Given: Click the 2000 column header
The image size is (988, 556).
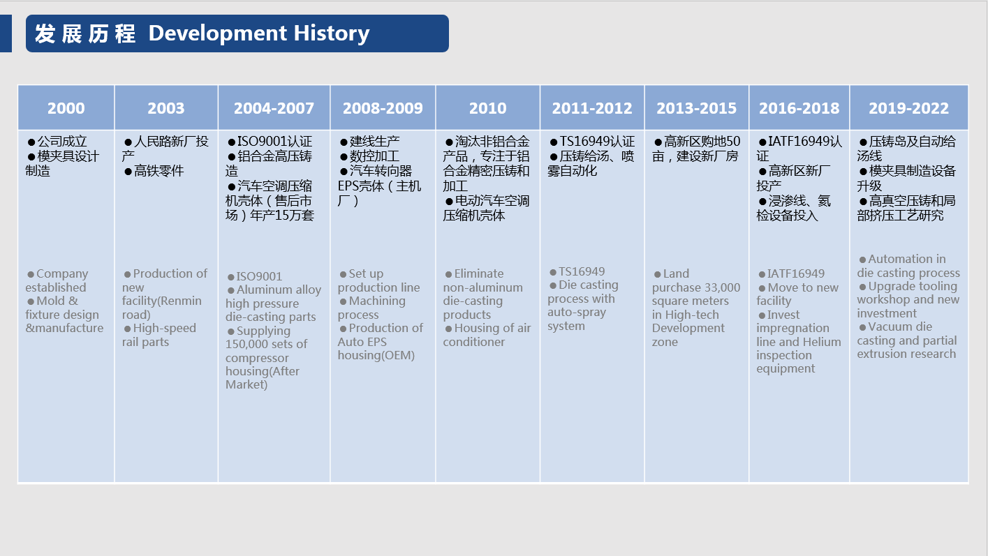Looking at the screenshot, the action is [x=66, y=108].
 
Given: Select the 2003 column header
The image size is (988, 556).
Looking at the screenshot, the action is [x=166, y=108].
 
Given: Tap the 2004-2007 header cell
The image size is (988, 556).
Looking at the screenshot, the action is [x=274, y=108].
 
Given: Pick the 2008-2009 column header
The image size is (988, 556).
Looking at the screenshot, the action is [x=383, y=108].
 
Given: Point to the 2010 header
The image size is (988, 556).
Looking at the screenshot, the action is [x=488, y=108].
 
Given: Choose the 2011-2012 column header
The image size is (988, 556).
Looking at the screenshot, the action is [x=592, y=108].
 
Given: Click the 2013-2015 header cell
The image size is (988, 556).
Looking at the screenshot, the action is [x=696, y=108].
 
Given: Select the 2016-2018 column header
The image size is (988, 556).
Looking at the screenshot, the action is [x=799, y=108].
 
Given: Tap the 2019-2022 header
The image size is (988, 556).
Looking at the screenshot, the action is [x=908, y=108].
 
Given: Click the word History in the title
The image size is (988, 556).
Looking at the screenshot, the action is [x=332, y=34].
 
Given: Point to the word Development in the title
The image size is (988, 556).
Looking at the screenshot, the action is [x=218, y=33].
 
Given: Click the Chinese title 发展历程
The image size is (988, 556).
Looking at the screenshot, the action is [x=85, y=33].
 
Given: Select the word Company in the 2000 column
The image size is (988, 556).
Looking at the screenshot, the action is [x=62, y=273].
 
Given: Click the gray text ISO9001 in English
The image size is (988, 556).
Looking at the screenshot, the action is [x=259, y=276].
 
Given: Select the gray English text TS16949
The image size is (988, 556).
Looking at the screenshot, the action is [x=582, y=271].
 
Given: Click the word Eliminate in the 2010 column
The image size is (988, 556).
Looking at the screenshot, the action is [x=479, y=273].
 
